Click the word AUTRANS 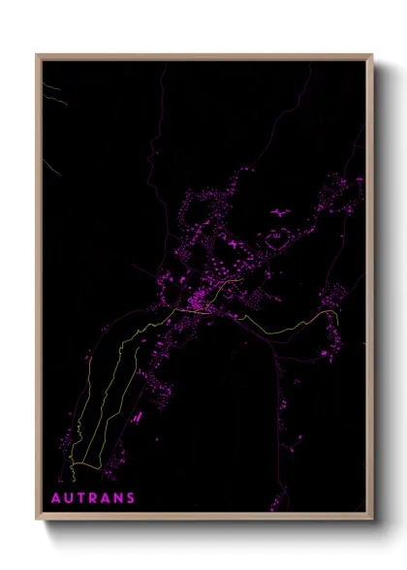[93, 498]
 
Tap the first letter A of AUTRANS [56, 498]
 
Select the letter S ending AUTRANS [131, 498]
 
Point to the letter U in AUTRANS [69, 498]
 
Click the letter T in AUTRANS [81, 498]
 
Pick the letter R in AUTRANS [93, 498]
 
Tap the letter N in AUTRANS [118, 498]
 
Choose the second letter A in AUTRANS [106, 498]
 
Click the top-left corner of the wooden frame [37, 55]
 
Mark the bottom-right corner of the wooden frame [372, 519]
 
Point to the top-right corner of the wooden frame [372, 55]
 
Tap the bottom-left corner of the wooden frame [37, 519]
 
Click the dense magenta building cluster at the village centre [199, 296]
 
